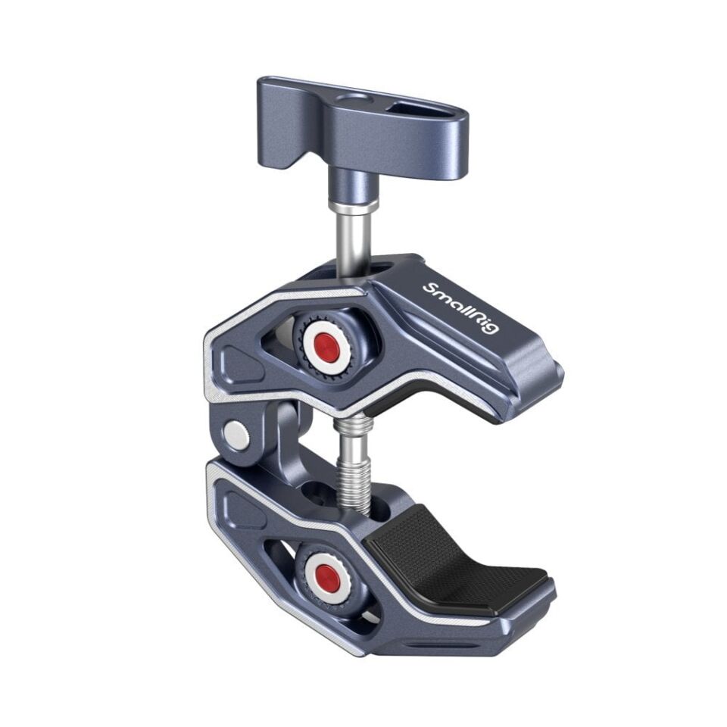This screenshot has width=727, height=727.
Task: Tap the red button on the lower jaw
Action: [327, 575]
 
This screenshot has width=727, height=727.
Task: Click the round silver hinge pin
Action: [237, 435]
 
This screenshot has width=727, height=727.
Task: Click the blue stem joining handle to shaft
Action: [353, 182]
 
